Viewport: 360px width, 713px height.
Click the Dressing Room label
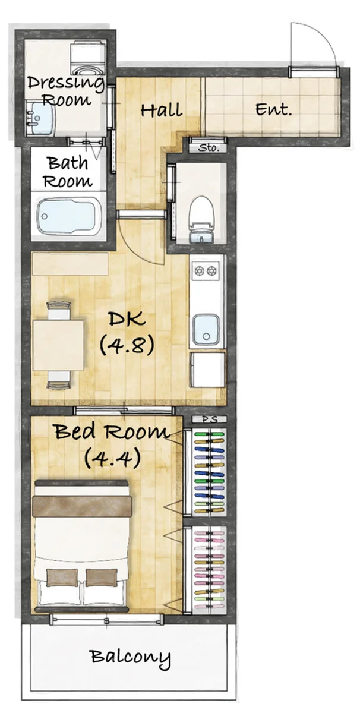(66, 92)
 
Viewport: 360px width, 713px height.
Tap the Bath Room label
(68, 172)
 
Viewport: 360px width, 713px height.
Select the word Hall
(162, 111)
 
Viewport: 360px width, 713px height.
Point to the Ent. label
(274, 110)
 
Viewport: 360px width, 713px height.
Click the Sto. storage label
(209, 148)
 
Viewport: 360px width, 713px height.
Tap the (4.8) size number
(127, 345)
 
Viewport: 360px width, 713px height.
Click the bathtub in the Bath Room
(68, 216)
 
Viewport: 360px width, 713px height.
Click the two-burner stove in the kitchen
(206, 271)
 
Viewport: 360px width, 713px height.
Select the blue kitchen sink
(206, 330)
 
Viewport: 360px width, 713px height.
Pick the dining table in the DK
(58, 345)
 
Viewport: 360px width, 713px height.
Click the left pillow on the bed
(62, 578)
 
